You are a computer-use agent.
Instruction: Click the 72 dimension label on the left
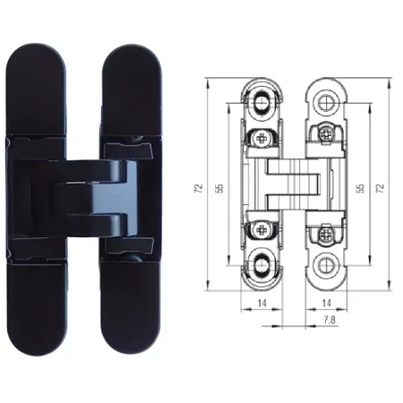(x=199, y=187)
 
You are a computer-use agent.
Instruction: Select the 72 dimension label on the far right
(x=380, y=187)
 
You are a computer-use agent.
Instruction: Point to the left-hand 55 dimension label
(x=219, y=187)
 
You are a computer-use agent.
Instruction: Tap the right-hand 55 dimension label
(x=361, y=187)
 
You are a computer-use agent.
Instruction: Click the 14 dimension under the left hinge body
(x=262, y=304)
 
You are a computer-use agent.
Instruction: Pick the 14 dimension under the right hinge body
(x=327, y=304)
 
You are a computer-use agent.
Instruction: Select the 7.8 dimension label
(x=329, y=320)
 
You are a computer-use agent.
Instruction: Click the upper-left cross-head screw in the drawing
(x=262, y=138)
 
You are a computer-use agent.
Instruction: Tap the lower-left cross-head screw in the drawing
(x=262, y=230)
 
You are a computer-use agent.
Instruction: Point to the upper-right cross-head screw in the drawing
(x=326, y=134)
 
